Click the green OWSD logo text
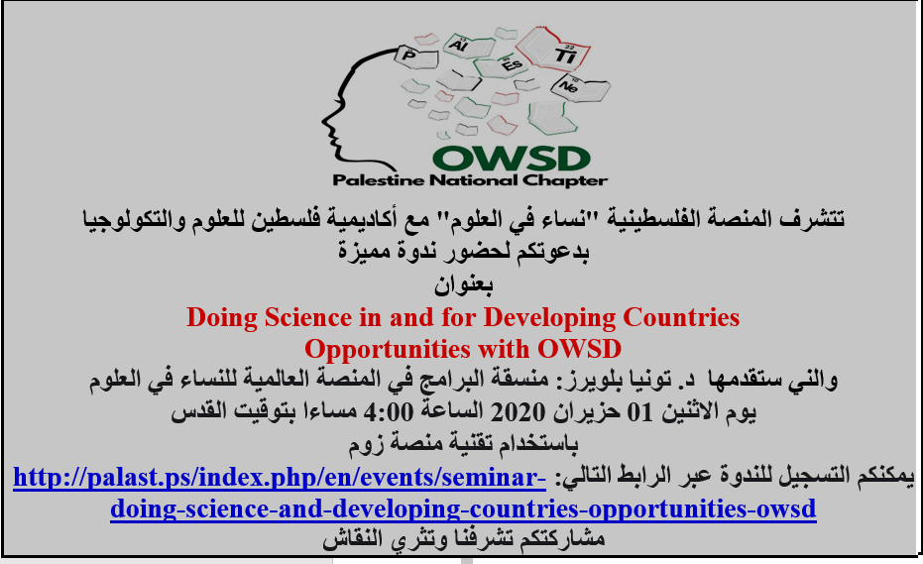[x=512, y=159]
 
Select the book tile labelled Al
[x=468, y=47]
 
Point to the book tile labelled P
[x=416, y=57]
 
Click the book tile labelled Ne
[x=579, y=87]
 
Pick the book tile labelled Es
[x=504, y=65]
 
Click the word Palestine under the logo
[x=379, y=180]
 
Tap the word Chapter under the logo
[x=564, y=180]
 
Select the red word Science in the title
[x=308, y=318]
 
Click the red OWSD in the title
[x=579, y=349]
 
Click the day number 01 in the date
[x=639, y=412]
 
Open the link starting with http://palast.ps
[x=280, y=478]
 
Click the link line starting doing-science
[x=463, y=509]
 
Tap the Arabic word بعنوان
[x=463, y=285]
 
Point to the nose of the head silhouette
[x=325, y=121]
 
